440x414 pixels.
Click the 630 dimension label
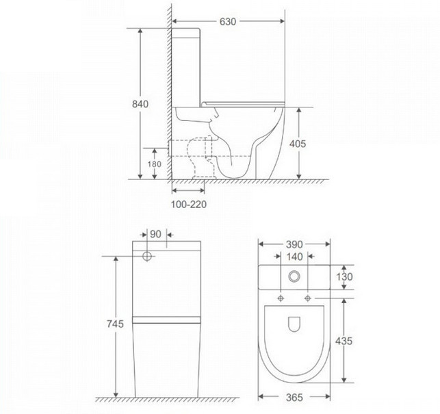228,22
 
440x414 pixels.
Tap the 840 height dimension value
140,104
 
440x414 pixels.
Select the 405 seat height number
298,144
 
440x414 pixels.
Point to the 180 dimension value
155,164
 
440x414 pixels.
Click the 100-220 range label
189,205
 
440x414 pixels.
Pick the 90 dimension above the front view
156,234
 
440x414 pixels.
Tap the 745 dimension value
115,324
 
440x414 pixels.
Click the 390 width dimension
294,244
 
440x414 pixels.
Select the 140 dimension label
295,257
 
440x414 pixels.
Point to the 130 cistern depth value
344,277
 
